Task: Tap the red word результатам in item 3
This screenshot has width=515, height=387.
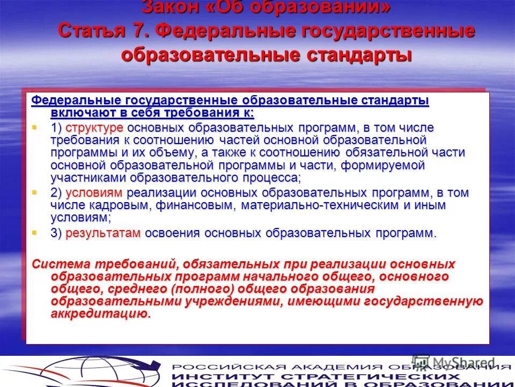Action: [x=103, y=233]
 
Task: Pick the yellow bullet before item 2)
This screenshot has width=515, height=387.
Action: [x=35, y=192]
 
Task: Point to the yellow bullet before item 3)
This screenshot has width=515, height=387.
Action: [x=35, y=233]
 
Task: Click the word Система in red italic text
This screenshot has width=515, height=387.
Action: [x=60, y=264]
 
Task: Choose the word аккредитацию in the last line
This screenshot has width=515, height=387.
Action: [x=100, y=314]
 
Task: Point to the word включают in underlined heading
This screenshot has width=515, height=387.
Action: [x=79, y=113]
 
